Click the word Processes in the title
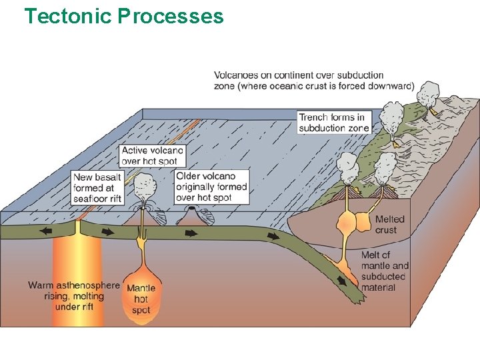click(x=171, y=15)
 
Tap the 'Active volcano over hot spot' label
click(x=152, y=155)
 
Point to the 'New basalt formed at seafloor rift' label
click(x=97, y=188)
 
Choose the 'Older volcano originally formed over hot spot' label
click(x=211, y=187)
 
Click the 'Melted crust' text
click(x=389, y=225)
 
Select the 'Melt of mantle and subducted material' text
click(x=383, y=271)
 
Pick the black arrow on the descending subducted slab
click(x=342, y=280)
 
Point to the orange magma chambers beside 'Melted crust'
click(x=356, y=221)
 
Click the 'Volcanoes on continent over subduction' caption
click(x=313, y=80)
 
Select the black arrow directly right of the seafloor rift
click(x=107, y=232)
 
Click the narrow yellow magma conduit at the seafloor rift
click(x=78, y=230)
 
